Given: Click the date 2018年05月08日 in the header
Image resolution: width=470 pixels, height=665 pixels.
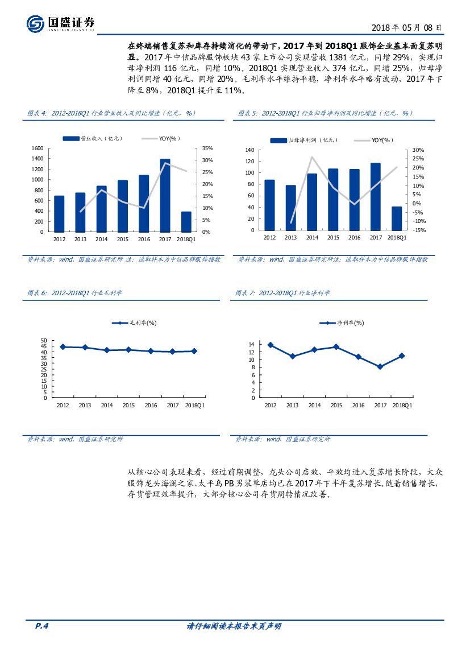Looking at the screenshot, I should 406,27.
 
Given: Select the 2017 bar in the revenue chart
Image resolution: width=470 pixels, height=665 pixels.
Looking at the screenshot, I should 165,195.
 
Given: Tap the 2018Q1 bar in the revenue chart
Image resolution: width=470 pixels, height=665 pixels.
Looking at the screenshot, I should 186,221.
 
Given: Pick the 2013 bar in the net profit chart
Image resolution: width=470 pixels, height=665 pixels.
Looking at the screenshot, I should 290,207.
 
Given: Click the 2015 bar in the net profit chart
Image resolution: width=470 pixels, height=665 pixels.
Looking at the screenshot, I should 333,199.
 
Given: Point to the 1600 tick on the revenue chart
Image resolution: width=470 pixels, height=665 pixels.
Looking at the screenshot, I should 38,148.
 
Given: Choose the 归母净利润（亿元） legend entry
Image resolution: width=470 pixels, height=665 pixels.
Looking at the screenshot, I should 303,140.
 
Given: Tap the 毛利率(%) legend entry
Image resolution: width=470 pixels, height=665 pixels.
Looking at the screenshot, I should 134,323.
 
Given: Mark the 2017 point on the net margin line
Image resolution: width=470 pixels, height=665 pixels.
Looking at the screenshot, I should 380,367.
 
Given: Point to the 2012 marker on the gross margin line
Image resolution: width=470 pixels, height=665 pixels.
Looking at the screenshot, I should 63,346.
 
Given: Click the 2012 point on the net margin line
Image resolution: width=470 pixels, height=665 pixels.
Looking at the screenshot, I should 270,345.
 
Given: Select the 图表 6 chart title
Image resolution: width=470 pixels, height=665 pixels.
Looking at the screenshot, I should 75,293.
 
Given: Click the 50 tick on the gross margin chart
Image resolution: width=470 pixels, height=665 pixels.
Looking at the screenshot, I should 44,341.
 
